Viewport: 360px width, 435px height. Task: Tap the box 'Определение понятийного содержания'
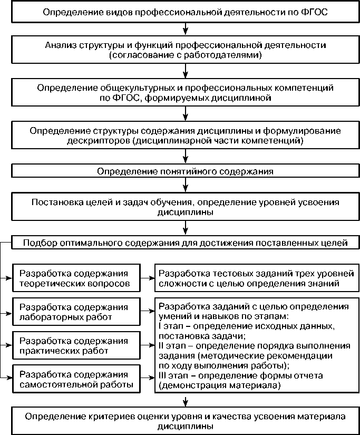pyautogui.click(x=184, y=171)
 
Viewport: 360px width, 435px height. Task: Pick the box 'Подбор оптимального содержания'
pyautogui.click(x=184, y=243)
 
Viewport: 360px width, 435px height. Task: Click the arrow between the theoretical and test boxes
pyautogui.click(x=148, y=278)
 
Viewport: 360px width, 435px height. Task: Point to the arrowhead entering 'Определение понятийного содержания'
pyautogui.click(x=184, y=161)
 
